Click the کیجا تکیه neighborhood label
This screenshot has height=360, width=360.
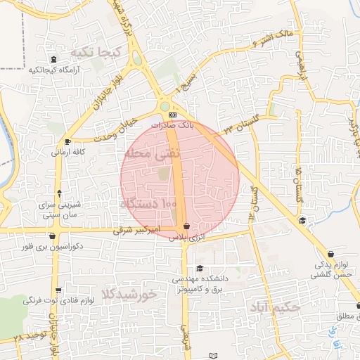(x=102, y=53)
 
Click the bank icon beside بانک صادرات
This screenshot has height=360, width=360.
(x=172, y=115)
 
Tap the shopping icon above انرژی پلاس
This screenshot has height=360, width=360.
(x=186, y=226)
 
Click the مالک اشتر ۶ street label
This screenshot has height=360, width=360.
(x=273, y=37)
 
